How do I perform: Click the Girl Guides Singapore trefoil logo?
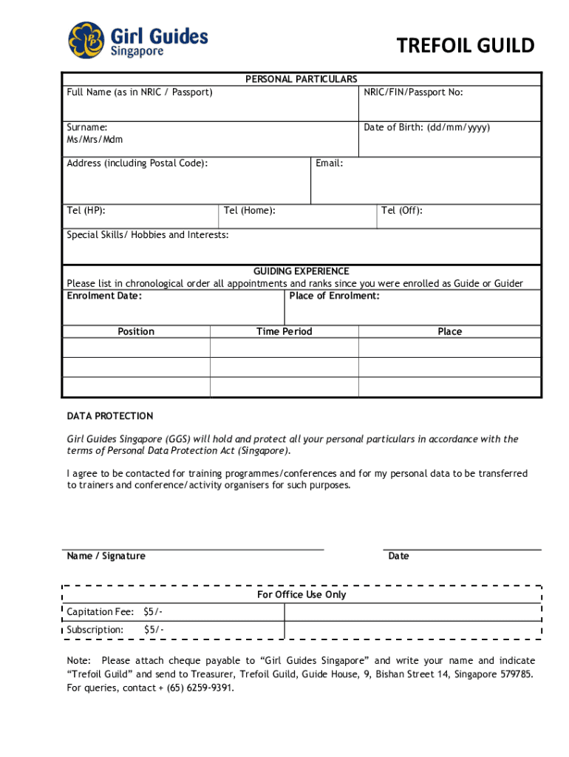(88, 40)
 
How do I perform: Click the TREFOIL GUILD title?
(465, 46)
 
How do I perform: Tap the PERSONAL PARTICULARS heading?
(301, 79)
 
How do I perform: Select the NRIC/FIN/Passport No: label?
(413, 92)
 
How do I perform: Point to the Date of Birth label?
(426, 128)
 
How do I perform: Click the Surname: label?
(87, 128)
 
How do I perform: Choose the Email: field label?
(329, 163)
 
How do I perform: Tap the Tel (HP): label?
(86, 211)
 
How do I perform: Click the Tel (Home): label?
(249, 211)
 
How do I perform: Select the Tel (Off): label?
(401, 211)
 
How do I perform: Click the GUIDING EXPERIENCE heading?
(301, 271)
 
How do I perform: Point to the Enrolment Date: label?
(104, 296)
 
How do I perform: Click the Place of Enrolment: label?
(334, 296)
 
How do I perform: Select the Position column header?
(136, 332)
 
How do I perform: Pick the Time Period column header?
(284, 332)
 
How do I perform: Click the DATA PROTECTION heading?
(110, 416)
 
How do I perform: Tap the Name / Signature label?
(106, 556)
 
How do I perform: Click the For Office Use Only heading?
(301, 595)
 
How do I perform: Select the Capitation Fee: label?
(100, 612)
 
